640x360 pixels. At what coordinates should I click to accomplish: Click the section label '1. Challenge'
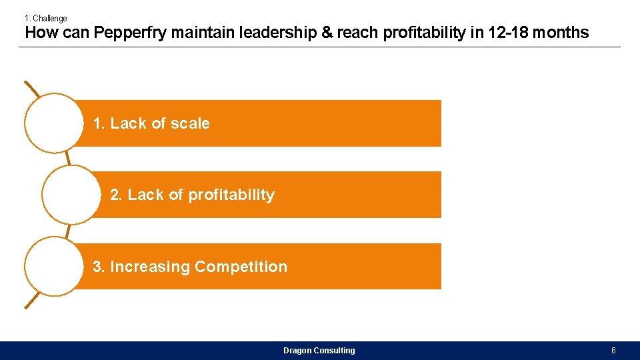(x=46, y=19)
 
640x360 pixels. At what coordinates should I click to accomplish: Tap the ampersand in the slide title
(x=327, y=33)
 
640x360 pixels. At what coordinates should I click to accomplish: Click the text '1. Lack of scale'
(x=151, y=123)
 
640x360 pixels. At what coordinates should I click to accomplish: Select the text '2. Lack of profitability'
(x=192, y=195)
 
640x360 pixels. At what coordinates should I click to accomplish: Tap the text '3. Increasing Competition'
(x=190, y=267)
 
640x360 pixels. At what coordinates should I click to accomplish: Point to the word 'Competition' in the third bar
(x=241, y=267)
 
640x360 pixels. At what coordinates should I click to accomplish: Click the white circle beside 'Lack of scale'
(x=53, y=123)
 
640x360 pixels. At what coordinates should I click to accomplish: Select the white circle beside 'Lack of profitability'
(x=71, y=195)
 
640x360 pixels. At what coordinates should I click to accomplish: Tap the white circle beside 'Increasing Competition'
(x=53, y=266)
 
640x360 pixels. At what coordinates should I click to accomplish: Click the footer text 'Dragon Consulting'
(x=319, y=351)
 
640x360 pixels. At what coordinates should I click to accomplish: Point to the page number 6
(x=613, y=351)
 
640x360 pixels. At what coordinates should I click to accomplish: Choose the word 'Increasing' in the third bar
(x=150, y=267)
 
